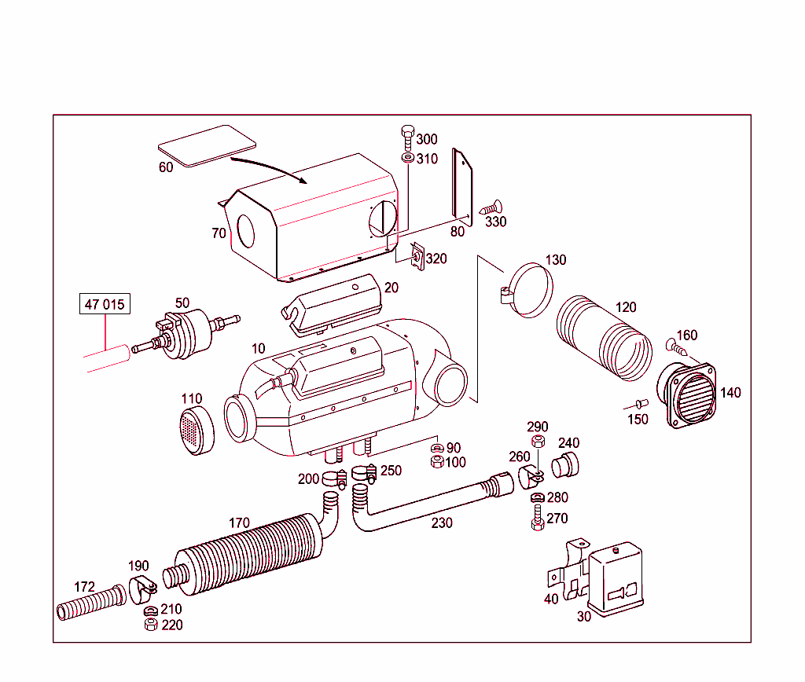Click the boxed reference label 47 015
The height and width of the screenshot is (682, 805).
(x=105, y=305)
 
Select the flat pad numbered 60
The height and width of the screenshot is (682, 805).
(x=208, y=145)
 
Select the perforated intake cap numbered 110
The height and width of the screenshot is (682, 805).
(x=199, y=431)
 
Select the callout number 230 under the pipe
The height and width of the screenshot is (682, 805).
(x=442, y=522)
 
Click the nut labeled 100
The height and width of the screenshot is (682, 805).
(x=437, y=462)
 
